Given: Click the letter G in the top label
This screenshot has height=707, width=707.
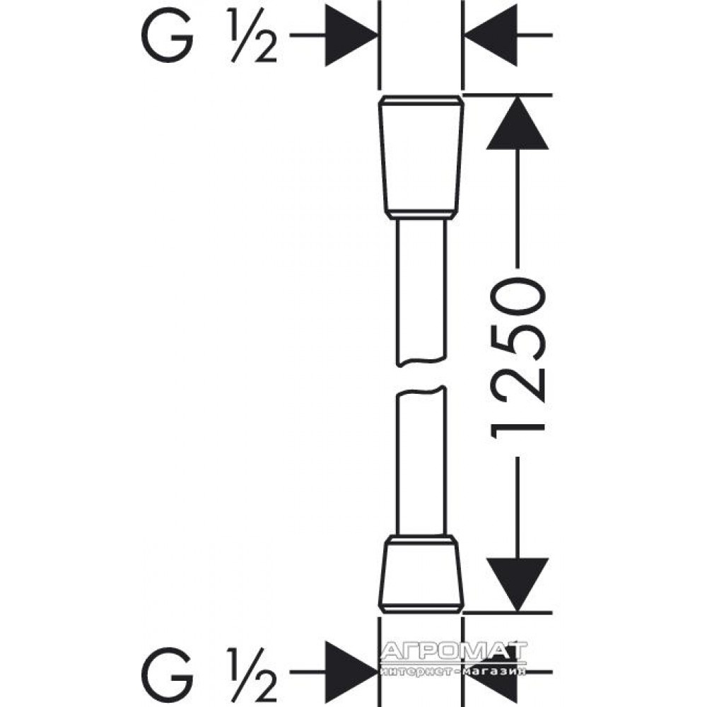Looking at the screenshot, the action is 168,35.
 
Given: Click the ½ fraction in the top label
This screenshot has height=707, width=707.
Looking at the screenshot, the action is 253,35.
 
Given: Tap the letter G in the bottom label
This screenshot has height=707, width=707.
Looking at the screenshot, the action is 168,675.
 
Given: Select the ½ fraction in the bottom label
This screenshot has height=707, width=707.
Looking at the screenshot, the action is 253,675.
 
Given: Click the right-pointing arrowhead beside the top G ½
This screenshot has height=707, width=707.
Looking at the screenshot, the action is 351,35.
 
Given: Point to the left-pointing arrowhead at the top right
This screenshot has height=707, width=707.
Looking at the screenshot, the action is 491,35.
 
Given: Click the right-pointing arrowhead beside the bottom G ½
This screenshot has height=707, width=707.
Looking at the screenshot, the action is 351,672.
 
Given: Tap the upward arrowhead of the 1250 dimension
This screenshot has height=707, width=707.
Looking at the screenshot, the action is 518,122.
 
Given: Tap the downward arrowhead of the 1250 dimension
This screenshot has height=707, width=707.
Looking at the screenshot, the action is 518,585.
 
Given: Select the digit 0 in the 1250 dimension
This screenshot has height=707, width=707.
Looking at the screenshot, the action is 518,298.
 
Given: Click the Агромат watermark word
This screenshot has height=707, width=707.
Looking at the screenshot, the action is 454,652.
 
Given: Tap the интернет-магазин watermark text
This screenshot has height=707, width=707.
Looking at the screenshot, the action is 453,672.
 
